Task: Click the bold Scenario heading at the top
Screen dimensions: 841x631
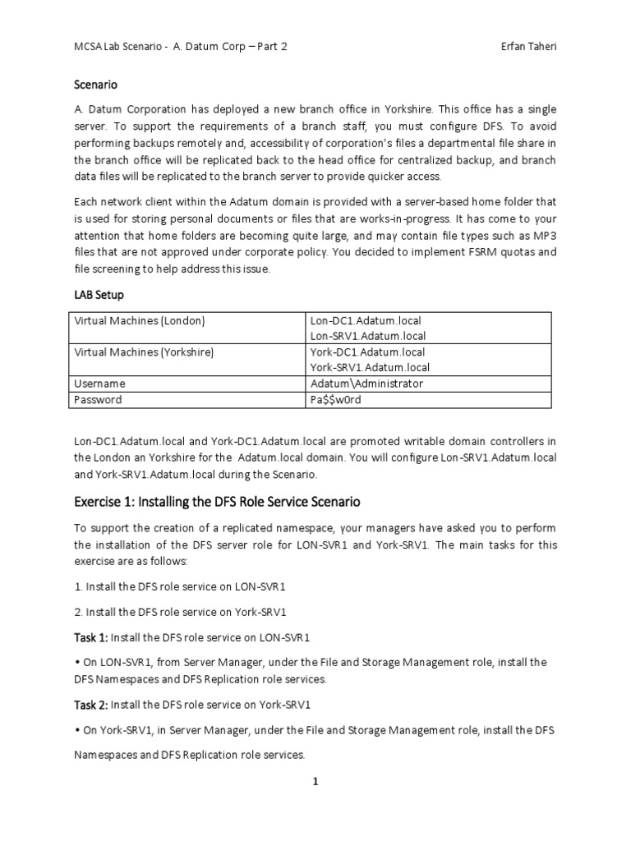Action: coord(97,85)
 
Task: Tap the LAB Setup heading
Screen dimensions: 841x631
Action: coord(101,293)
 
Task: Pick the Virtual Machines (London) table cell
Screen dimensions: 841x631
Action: coord(139,320)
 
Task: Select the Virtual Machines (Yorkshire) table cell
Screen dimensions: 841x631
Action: coord(144,352)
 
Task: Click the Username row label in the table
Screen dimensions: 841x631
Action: coord(99,384)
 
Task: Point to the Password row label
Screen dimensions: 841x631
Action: coord(98,400)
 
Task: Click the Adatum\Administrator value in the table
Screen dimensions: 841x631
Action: coord(366,384)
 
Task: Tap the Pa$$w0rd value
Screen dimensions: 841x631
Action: coord(336,400)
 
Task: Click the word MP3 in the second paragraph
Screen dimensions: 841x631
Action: coord(542,237)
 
